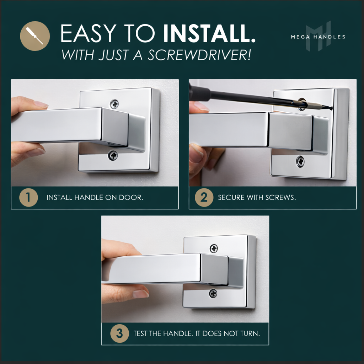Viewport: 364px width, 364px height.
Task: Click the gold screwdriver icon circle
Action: point(35,36)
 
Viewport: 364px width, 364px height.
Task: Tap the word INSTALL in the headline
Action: point(209,34)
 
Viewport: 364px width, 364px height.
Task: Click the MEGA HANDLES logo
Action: point(318,37)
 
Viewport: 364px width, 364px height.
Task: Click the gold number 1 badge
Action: point(28,198)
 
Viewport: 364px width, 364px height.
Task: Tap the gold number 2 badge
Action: point(204,198)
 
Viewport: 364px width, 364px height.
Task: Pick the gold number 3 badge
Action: point(119,333)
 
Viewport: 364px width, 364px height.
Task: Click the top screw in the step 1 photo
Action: point(114,104)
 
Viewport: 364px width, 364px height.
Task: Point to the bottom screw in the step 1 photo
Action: point(113,155)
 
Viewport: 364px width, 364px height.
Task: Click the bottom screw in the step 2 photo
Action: point(300,161)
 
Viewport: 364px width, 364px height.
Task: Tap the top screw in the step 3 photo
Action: point(214,248)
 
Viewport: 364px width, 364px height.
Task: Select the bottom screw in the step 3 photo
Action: point(213,293)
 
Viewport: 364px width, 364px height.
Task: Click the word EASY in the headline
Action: point(88,34)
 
